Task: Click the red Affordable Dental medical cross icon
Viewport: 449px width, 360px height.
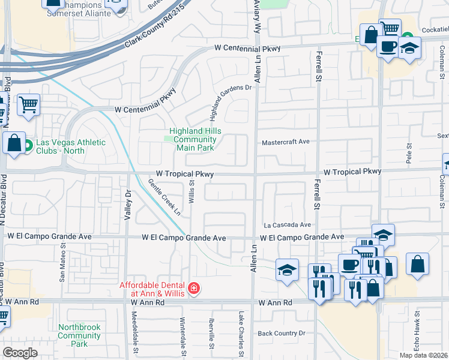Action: coord(193,289)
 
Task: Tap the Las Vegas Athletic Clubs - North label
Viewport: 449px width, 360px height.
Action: coord(70,146)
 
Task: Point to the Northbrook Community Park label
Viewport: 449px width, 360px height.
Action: coord(79,335)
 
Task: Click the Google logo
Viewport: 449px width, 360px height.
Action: coord(20,353)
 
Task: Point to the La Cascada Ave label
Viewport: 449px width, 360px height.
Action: coord(288,225)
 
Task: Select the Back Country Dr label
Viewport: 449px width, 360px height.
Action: coord(282,333)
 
